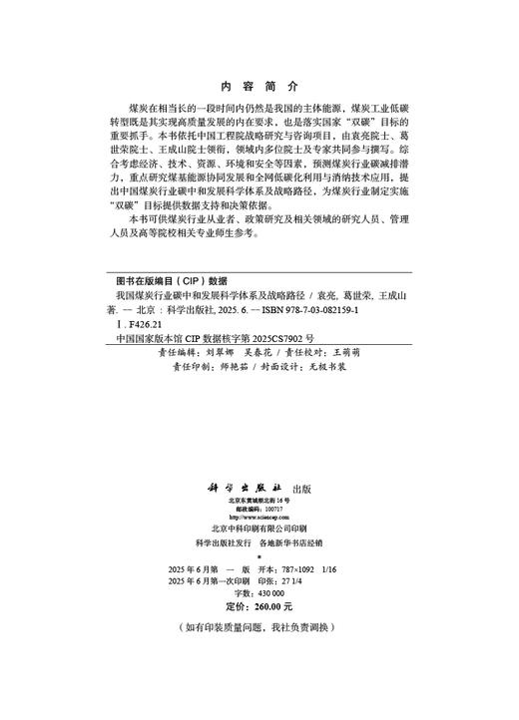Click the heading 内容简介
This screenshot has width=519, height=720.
click(257, 86)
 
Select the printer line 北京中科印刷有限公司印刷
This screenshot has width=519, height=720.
click(259, 529)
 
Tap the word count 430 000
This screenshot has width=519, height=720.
click(271, 592)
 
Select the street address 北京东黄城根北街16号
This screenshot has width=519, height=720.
click(259, 501)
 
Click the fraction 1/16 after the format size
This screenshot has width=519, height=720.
click(332, 566)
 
